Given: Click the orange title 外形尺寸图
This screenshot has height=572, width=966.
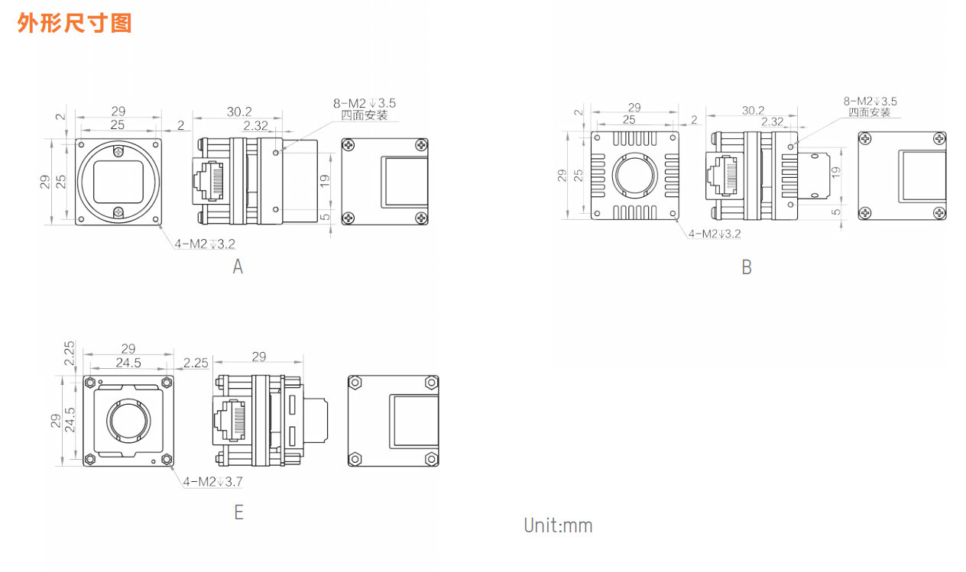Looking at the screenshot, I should (x=74, y=22).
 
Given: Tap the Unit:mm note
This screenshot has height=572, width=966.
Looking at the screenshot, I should (x=558, y=525).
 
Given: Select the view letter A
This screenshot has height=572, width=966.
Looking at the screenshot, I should (x=238, y=267).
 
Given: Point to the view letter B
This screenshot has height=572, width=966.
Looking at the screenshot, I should (x=747, y=267).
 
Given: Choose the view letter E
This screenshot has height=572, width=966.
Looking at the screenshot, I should (x=238, y=512).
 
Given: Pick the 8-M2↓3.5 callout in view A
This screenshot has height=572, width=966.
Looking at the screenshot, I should (x=364, y=102).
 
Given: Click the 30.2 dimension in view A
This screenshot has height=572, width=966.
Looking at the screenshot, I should (x=239, y=111).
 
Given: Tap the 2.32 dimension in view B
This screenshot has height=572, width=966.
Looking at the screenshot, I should (x=773, y=121).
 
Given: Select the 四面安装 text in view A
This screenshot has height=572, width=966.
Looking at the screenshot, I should (x=365, y=115).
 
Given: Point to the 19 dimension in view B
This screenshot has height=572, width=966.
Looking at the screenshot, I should (x=835, y=172).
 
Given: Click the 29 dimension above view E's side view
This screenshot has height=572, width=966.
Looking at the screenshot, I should (x=258, y=357).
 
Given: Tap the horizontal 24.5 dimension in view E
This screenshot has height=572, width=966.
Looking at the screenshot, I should (x=128, y=363).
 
